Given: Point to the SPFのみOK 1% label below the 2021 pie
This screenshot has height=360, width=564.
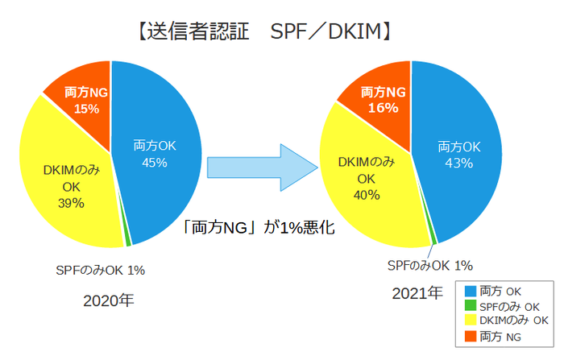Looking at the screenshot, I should (429, 265).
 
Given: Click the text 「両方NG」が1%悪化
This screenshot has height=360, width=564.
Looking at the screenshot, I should (258, 228).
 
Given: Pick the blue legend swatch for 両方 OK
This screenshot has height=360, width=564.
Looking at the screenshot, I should (469, 290).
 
